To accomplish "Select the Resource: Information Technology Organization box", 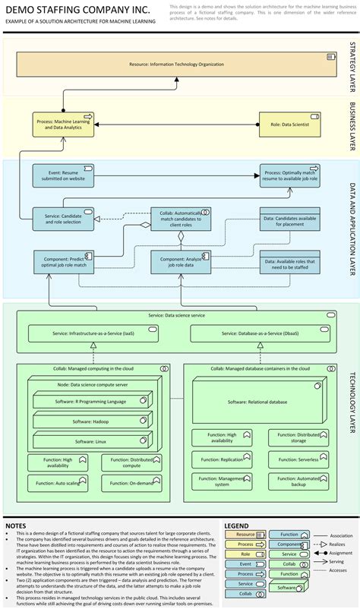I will click(x=175, y=64).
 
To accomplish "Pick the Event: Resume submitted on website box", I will click(x=65, y=176).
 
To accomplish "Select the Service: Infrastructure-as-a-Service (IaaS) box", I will click(x=93, y=333).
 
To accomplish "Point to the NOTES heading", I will click(x=16, y=525).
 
